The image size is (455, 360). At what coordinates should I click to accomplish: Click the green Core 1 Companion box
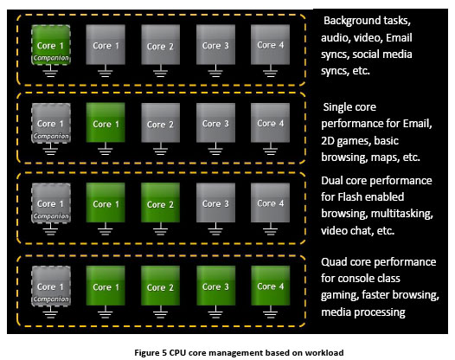(51, 45)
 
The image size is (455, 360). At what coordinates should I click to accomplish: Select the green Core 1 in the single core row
(106, 123)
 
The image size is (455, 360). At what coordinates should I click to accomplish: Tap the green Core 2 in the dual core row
(161, 202)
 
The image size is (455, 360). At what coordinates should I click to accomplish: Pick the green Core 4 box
(271, 286)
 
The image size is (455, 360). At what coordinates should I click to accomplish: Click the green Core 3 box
(216, 286)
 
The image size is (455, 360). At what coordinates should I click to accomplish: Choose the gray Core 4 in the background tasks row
(271, 44)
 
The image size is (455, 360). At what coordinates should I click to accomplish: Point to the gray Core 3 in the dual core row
(216, 202)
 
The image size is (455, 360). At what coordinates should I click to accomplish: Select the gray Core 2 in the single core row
(161, 123)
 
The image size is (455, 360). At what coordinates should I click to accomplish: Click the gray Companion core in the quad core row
(51, 286)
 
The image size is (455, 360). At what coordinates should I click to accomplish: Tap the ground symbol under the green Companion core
(50, 71)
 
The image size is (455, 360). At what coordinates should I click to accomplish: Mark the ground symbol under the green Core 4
(270, 312)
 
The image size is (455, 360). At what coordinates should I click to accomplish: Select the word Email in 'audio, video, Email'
(399, 38)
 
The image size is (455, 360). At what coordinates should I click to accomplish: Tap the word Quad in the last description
(334, 262)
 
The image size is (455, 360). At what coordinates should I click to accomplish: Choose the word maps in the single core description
(385, 157)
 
